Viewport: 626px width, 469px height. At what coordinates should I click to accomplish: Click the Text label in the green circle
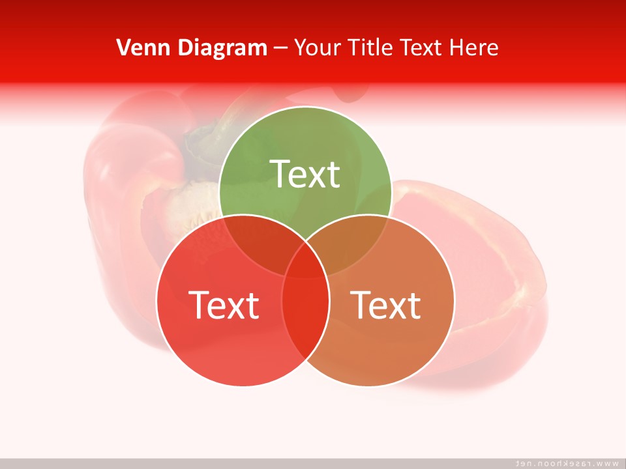click(x=305, y=175)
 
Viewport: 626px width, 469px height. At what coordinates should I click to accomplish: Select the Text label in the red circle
click(x=224, y=305)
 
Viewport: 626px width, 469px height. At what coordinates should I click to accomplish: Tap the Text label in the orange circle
click(x=386, y=305)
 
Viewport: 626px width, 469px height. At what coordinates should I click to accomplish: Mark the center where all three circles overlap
click(x=305, y=264)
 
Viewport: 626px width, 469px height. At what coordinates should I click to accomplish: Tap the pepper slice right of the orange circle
click(x=496, y=274)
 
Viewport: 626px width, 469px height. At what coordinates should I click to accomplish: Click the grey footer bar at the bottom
click(x=261, y=463)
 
